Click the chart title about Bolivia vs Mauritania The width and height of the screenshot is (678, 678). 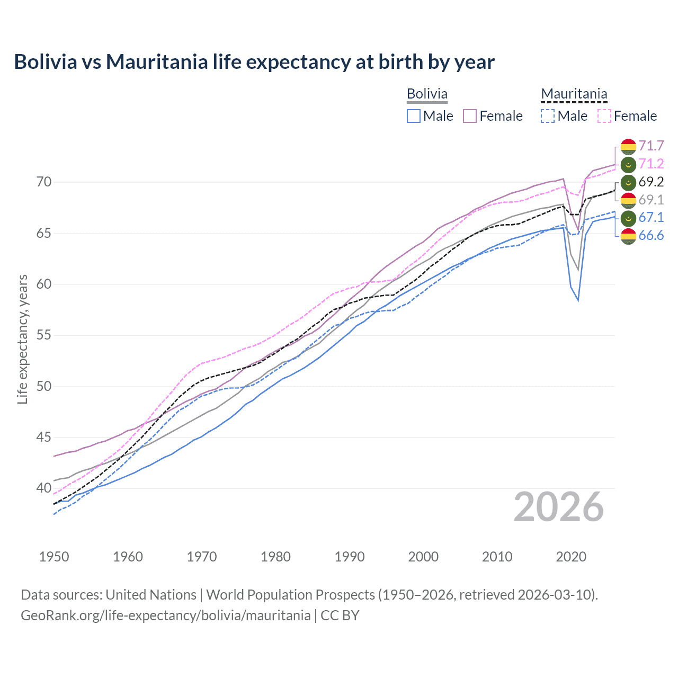(x=254, y=62)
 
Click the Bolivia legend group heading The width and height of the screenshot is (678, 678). (x=427, y=94)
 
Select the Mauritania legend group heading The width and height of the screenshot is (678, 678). (x=574, y=94)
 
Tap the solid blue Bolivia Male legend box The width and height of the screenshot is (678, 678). (x=414, y=116)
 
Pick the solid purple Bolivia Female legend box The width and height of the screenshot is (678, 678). (x=470, y=116)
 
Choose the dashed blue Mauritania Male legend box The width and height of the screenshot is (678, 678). (x=548, y=116)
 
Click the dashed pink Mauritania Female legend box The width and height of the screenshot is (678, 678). (x=604, y=116)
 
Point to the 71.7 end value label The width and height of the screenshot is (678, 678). (x=651, y=146)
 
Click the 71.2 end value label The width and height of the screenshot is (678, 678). (x=651, y=164)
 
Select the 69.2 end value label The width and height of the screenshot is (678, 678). (x=651, y=182)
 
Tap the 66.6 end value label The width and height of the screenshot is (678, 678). (x=651, y=235)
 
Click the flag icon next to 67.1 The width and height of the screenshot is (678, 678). (x=628, y=218)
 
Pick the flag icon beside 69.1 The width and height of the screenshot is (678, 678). (x=628, y=200)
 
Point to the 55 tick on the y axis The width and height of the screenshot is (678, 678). (x=44, y=335)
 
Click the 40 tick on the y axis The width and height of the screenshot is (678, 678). (x=44, y=488)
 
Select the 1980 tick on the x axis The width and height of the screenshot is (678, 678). (x=275, y=557)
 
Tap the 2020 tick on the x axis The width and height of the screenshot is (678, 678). (x=571, y=557)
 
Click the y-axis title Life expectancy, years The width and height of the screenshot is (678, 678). (x=23, y=339)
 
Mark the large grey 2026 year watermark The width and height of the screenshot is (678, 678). (x=558, y=507)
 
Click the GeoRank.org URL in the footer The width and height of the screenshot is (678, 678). (x=165, y=615)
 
